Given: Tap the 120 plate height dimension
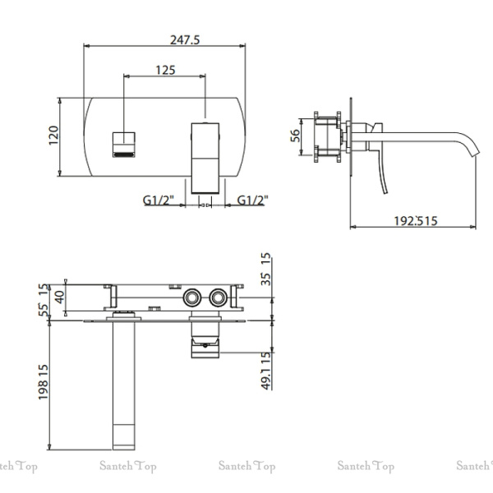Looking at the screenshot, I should pos(53,136).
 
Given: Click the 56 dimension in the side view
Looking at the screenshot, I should pos(296,136).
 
